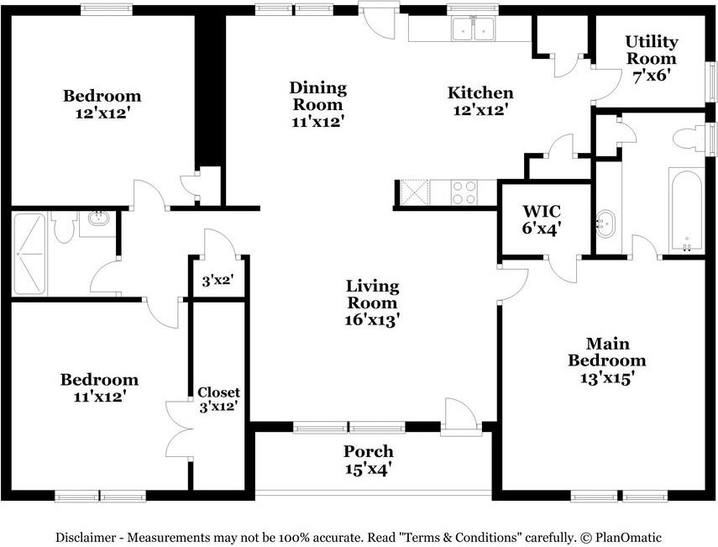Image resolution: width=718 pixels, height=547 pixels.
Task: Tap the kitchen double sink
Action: tap(473, 29)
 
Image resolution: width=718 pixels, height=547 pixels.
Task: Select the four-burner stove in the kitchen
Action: tap(464, 192)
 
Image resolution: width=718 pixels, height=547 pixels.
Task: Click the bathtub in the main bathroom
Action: tap(686, 210)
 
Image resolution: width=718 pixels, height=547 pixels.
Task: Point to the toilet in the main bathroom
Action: tap(689, 138)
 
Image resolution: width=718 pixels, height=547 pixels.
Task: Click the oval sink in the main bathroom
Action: tap(605, 224)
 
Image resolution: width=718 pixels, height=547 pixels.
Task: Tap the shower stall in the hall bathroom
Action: tap(29, 254)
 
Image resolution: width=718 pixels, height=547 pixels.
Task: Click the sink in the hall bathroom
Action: tap(97, 218)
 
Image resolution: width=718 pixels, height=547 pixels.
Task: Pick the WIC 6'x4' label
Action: tap(542, 220)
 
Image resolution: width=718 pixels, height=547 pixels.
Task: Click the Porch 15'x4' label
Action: tap(369, 460)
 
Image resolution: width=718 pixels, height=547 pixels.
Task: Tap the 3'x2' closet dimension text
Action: tap(218, 281)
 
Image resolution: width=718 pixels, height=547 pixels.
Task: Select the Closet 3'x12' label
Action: tap(219, 399)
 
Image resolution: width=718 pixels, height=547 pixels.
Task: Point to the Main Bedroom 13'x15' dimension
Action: tap(606, 378)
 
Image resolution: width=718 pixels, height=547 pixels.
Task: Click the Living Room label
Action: tap(372, 295)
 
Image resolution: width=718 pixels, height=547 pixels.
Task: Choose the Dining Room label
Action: tap(318, 96)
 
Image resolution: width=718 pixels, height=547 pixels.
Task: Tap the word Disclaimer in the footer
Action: tap(85, 537)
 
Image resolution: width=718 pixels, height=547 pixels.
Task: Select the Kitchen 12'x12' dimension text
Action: tap(480, 110)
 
